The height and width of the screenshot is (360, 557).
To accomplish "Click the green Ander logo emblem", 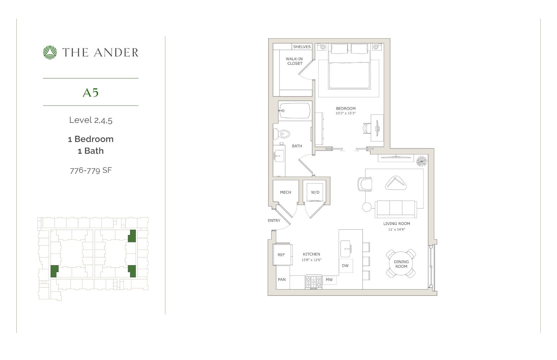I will click(x=50, y=53).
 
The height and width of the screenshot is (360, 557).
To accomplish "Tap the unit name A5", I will click(x=91, y=93).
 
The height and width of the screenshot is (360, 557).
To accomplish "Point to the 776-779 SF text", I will click(x=91, y=170).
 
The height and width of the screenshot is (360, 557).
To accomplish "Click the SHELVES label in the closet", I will click(x=302, y=47).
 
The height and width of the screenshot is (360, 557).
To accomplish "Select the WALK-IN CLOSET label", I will click(x=294, y=61).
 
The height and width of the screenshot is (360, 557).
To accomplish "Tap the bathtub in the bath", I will click(x=295, y=111).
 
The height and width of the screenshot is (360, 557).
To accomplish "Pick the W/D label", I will click(x=315, y=192).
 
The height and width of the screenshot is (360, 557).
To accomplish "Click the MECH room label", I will click(x=285, y=192).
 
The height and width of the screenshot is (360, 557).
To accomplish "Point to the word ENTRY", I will click(x=274, y=221).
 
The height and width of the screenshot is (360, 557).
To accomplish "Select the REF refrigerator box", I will click(x=281, y=255).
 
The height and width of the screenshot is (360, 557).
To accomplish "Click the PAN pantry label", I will click(x=282, y=280).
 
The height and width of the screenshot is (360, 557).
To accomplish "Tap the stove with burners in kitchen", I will click(x=314, y=282).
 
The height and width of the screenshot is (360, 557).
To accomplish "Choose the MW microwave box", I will click(x=329, y=280).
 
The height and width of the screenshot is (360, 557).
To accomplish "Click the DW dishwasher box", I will click(x=346, y=266).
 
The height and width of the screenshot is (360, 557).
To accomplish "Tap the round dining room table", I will click(x=401, y=264).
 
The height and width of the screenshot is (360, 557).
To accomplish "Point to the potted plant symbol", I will click(x=422, y=161).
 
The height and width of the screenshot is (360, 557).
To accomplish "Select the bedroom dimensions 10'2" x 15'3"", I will click(x=346, y=113).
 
